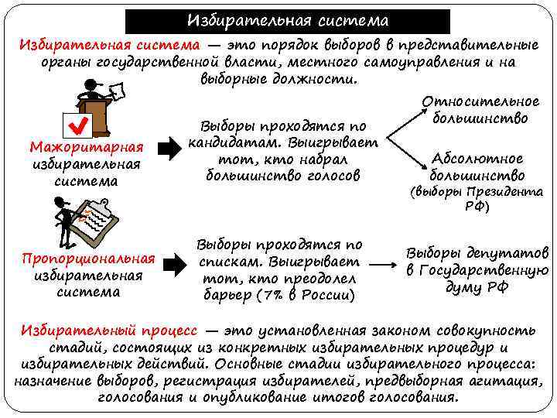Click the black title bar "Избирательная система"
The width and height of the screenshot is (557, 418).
tap(277, 20)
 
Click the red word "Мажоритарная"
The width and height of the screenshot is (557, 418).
tap(86, 147)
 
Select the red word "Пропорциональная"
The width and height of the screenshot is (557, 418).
tap(87, 258)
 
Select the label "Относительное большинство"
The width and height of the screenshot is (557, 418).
tap(480, 111)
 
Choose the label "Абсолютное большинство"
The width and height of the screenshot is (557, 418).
tap(477, 167)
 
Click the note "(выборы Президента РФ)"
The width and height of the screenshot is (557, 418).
tap(477, 199)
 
